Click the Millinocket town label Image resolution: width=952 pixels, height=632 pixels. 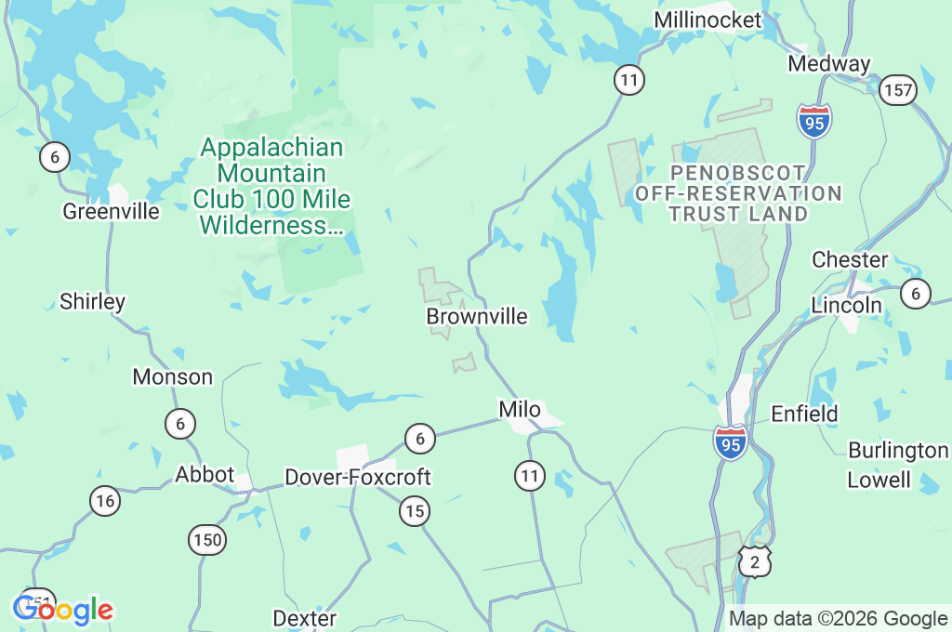[x=707, y=20]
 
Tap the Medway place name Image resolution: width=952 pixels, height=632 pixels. [x=828, y=63]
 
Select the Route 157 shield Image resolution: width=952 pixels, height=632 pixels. [x=898, y=90]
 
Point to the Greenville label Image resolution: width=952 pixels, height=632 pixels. [x=111, y=211]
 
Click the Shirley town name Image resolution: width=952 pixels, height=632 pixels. [x=92, y=301]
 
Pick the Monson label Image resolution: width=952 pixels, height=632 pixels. [x=173, y=376]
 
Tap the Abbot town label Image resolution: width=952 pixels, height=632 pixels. [x=205, y=474]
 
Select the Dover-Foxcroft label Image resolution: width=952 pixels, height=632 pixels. [x=358, y=477]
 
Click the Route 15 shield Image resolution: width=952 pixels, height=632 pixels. [x=415, y=509]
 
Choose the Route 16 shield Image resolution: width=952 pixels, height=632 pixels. [x=105, y=501]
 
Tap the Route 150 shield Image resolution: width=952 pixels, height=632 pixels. [x=206, y=539]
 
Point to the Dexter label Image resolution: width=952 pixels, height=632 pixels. [x=304, y=617]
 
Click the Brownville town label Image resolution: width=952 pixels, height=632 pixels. [x=477, y=316]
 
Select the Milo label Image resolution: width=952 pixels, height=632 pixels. [x=520, y=409]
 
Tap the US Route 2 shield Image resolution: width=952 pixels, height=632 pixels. [x=755, y=560]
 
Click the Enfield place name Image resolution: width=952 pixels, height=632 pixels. [x=804, y=413]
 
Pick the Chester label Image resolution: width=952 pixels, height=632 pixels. [x=850, y=258]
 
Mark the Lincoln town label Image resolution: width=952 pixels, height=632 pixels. [x=846, y=305]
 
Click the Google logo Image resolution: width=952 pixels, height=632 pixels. [x=63, y=610]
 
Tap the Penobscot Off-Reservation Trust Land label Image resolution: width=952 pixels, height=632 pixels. [x=738, y=193]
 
